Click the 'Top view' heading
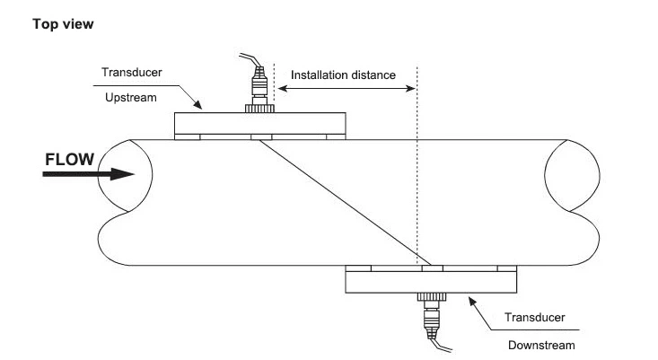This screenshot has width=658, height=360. pos(63,24)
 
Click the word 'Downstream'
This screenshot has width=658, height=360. pos(540,344)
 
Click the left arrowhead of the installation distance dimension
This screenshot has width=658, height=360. pos(279,88)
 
